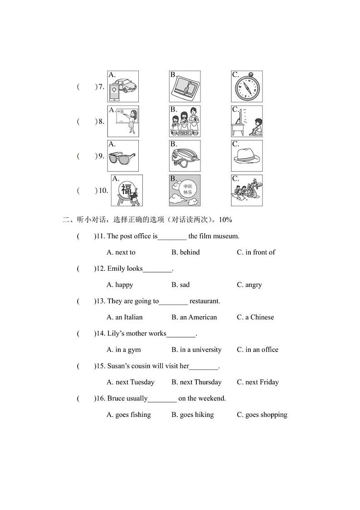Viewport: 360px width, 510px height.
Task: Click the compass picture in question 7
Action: (247, 86)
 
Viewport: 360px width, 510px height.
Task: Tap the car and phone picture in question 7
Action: (123, 86)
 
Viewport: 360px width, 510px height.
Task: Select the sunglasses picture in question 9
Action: (123, 156)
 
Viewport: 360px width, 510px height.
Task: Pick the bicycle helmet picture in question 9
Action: (185, 156)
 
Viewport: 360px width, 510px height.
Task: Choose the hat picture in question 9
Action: (247, 156)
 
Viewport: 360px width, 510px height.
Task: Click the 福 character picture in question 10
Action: (127, 190)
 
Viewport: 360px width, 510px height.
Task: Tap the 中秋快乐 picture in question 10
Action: (185, 190)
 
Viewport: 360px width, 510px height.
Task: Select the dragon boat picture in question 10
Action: (247, 190)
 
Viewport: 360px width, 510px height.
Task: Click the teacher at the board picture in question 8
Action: (123, 121)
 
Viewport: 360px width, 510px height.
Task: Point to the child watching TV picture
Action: (247, 121)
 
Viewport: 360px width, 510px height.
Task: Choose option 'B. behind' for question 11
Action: (185, 252)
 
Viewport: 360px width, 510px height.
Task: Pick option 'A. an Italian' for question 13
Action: (124, 317)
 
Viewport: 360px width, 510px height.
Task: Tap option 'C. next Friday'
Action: (258, 382)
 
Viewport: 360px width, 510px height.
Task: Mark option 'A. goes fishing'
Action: (128, 415)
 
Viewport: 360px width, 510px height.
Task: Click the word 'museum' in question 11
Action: (226, 236)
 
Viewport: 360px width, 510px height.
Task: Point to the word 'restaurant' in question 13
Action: (204, 301)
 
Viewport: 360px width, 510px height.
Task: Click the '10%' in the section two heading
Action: (225, 220)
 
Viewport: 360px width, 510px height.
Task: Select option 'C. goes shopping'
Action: (262, 415)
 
